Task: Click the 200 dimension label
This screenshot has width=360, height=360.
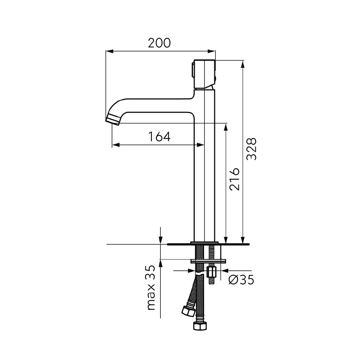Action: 159,43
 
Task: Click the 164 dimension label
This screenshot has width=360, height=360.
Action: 159,137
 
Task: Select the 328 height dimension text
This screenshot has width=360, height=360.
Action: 251,149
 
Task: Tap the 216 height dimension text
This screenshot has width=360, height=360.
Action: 234,179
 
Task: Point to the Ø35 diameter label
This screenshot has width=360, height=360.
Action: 241,280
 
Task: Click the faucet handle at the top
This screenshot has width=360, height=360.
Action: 203,75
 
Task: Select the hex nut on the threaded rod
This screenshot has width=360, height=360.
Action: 211,273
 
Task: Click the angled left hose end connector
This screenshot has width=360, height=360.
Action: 189,311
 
